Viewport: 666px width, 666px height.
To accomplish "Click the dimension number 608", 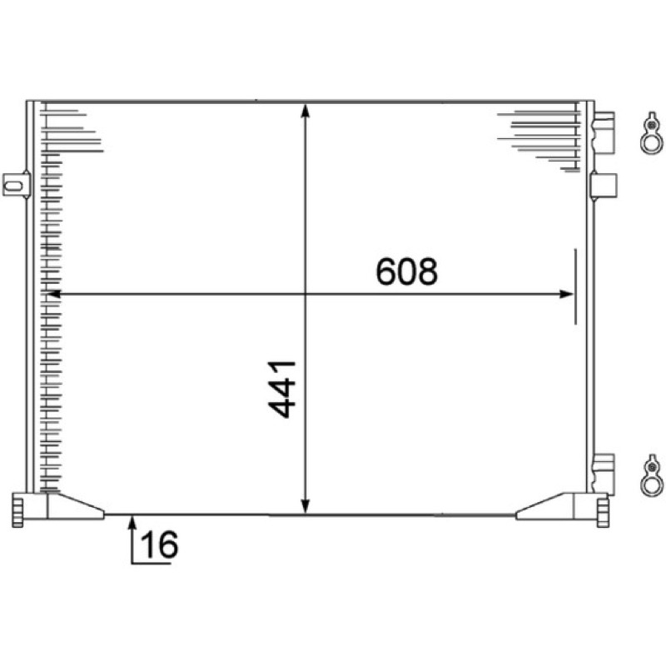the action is [406, 271].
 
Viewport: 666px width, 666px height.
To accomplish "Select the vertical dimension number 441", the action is [281, 389].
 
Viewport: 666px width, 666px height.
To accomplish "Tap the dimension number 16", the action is [159, 544].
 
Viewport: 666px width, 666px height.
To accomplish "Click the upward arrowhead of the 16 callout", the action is [132, 522].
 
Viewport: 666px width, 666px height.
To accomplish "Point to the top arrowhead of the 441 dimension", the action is [305, 110].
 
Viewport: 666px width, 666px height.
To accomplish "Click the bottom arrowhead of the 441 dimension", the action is [305, 506].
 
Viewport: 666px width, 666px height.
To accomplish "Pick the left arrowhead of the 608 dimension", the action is [54, 294].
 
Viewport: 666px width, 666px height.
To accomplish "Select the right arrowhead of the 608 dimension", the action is [567, 294].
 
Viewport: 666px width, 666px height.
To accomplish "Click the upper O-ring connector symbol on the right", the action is [651, 133].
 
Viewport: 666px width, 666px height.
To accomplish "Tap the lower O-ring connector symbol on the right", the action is [652, 475].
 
